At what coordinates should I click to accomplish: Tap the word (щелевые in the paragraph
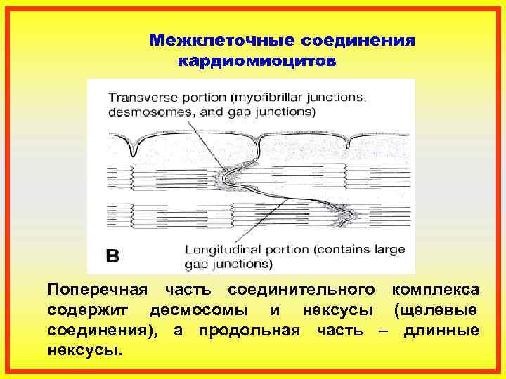[436, 310]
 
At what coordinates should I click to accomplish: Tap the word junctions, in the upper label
[337, 98]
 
